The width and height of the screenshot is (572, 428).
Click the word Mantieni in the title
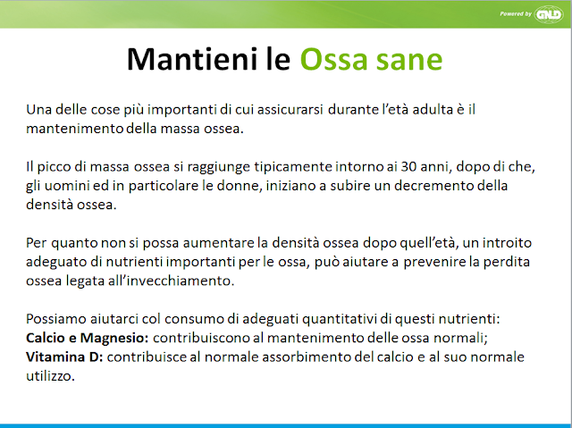coord(191,59)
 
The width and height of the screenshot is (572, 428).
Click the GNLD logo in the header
coord(549,14)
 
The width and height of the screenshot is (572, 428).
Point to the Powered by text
coord(516,14)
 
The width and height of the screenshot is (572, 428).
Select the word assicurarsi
coord(290,109)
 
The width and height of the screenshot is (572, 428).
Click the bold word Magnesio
coord(114,338)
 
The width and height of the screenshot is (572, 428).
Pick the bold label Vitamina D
coord(64,357)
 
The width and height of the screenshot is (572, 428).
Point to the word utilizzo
coord(50,376)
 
